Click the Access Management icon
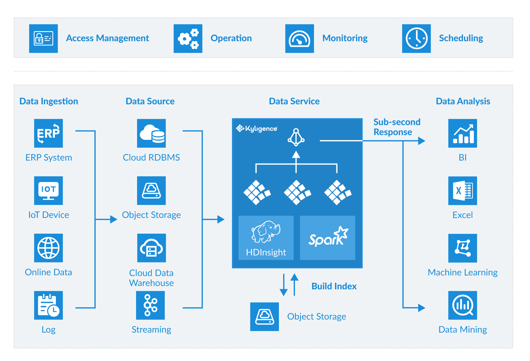coord(43,39)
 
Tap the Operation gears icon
coord(188,39)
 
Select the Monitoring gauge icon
coord(299,39)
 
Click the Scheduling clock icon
coord(416,39)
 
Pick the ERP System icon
coord(48,133)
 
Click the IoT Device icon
coord(48,191)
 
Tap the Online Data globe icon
coord(48,248)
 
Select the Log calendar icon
coord(48,305)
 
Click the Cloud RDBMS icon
coord(151,133)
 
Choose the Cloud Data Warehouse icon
coord(151,248)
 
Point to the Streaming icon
coord(150,305)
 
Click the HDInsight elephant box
coord(266,238)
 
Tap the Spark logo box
coord(328,238)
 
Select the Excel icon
coord(463,191)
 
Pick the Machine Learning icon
coord(463,248)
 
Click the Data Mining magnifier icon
coord(463,305)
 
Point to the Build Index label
coord(334,286)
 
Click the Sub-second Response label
coord(397,127)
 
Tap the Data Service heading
coord(294,101)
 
